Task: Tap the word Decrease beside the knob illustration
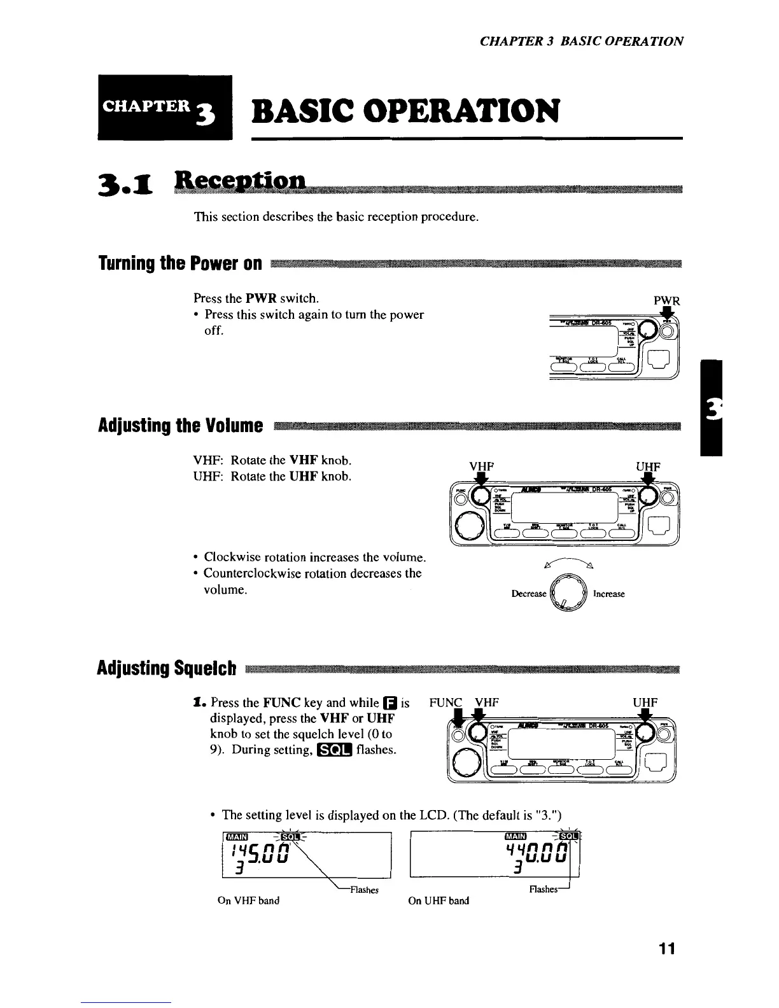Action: [x=529, y=594]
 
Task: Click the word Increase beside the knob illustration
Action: [x=608, y=594]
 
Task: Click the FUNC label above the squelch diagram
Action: [x=445, y=703]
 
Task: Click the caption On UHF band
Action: [x=440, y=900]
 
